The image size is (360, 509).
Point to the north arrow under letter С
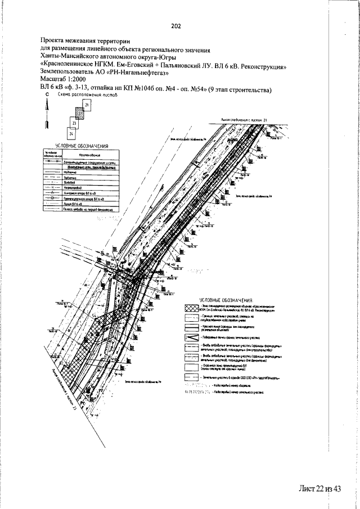point(47,115)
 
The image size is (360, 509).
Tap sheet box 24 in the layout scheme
point(71,134)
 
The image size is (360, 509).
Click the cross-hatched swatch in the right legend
point(193,309)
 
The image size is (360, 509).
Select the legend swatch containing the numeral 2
point(193,337)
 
